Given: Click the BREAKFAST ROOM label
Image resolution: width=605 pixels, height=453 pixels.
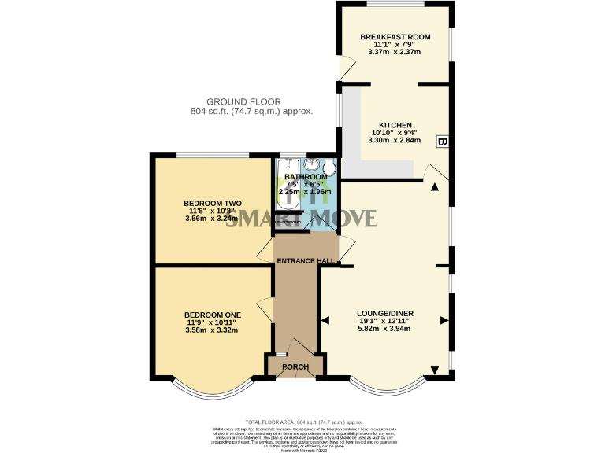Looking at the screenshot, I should point(394,37).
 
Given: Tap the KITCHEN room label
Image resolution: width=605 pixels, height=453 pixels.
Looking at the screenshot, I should point(394,125).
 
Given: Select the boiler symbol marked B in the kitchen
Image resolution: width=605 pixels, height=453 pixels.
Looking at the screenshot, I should point(442,142).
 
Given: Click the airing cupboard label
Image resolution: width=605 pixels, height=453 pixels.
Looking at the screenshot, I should point(288,223).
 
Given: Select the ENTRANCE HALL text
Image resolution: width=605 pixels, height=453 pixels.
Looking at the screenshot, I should point(306,261).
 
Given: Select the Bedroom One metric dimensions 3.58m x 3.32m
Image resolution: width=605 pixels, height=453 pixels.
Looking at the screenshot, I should point(212,330).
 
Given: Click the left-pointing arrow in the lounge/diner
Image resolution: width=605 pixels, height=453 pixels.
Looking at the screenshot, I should point(325,319).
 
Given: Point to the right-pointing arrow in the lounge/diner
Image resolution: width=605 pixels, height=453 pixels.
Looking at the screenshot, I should point(444,319).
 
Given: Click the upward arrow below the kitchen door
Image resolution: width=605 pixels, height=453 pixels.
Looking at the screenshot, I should point(434,187).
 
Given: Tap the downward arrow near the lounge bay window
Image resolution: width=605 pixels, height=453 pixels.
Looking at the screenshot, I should point(434,370).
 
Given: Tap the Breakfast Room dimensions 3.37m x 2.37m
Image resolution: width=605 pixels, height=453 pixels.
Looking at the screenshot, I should point(394,53).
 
